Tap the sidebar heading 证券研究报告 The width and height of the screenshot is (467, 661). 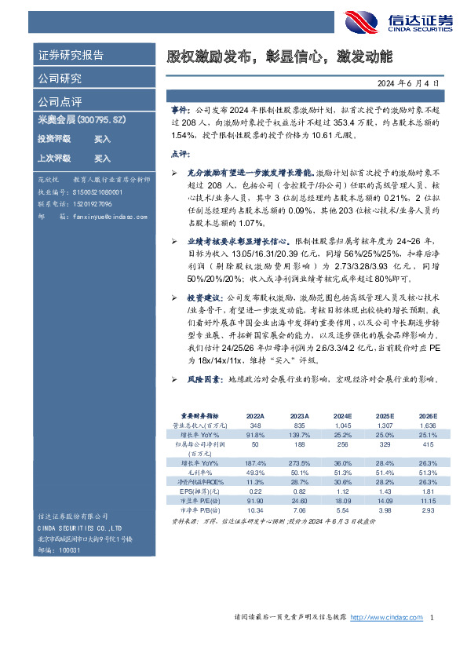tap(71, 56)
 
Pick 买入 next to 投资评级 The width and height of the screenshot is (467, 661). tap(102, 139)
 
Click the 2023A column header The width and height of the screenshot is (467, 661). tap(299, 416)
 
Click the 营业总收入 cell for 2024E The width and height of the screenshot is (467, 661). tap(341, 425)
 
